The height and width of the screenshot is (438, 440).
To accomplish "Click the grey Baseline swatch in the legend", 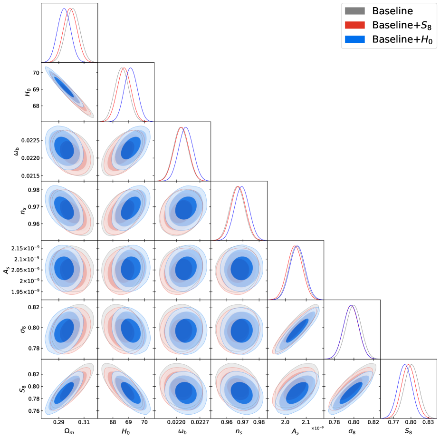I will click(x=354, y=10).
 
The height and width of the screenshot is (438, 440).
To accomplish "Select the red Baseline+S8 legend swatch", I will click(x=354, y=25).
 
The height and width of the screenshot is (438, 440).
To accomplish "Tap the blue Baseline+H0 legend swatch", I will click(x=354, y=39).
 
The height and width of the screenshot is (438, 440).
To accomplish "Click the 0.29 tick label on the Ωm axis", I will click(x=59, y=422).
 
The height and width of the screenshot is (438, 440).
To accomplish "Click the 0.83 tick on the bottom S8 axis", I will click(x=428, y=422).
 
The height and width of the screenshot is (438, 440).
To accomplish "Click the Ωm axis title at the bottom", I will click(x=69, y=431).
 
